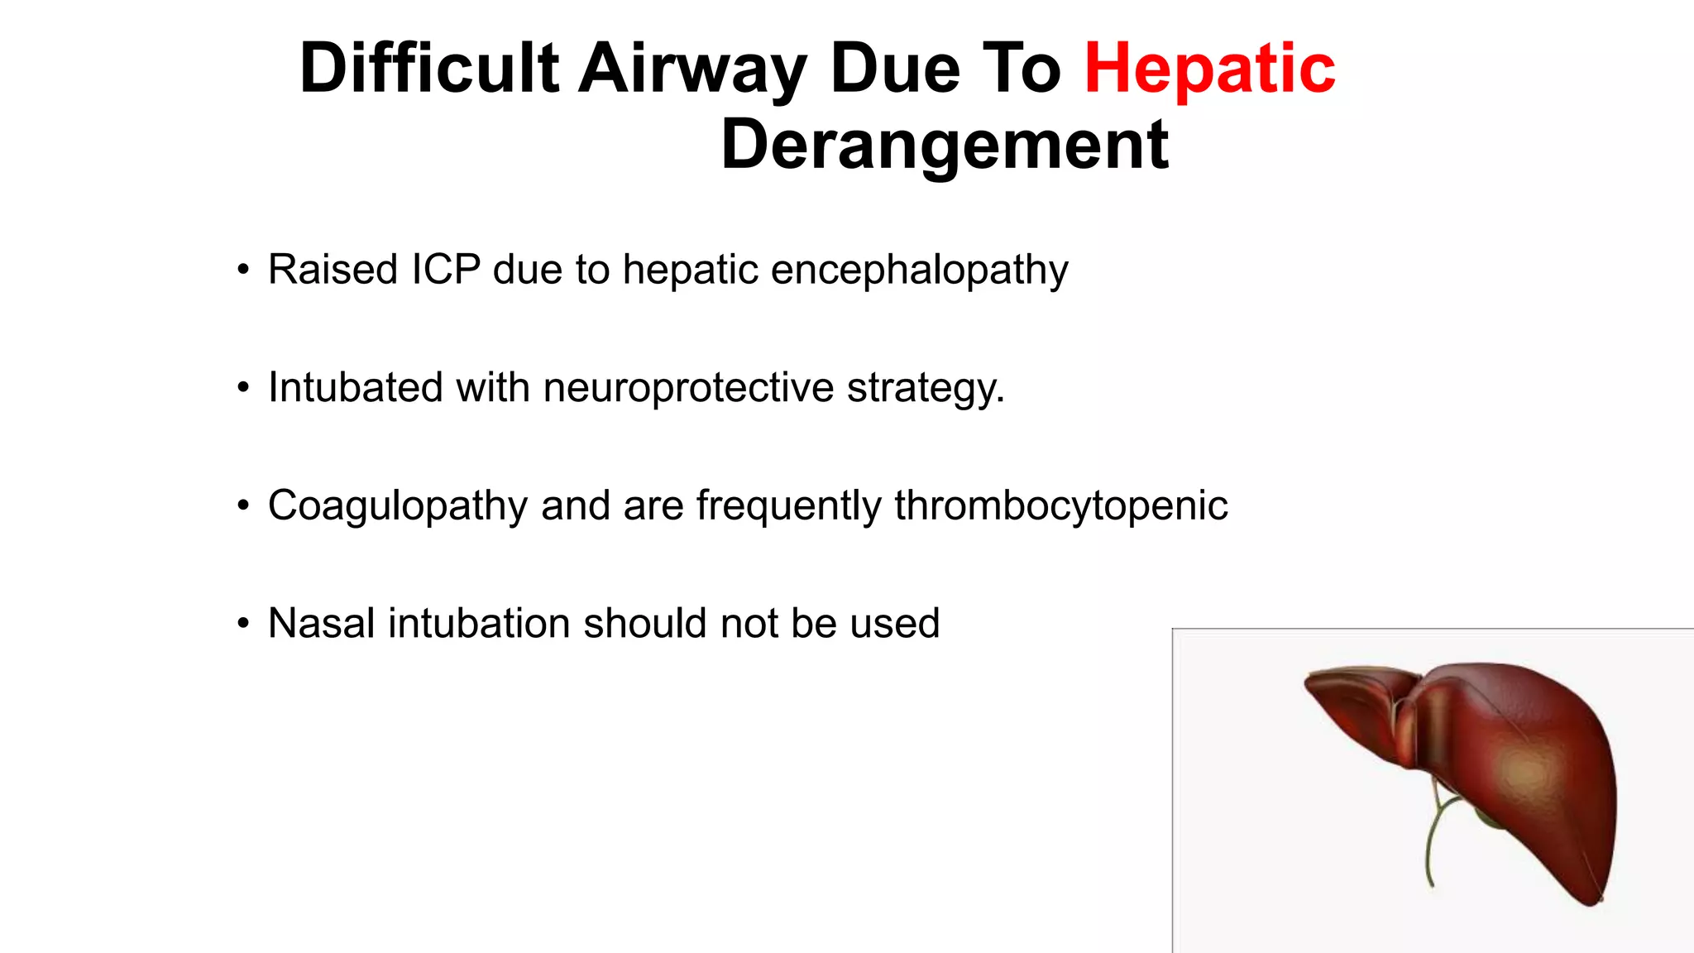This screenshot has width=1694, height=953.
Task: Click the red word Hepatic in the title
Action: [1209, 69]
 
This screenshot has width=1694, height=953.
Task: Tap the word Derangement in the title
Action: [945, 146]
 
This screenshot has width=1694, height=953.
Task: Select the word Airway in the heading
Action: [691, 69]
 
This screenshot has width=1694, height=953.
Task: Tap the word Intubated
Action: [355, 387]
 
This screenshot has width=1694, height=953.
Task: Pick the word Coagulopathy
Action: [397, 506]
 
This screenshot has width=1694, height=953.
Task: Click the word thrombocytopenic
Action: [1060, 506]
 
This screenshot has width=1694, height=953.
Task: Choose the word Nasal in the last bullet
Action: [322, 624]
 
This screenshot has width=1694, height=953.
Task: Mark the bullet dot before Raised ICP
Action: [242, 270]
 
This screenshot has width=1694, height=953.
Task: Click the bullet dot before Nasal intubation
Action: [242, 624]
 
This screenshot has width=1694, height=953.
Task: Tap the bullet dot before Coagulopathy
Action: [242, 505]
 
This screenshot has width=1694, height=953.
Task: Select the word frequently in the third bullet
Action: [788, 506]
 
